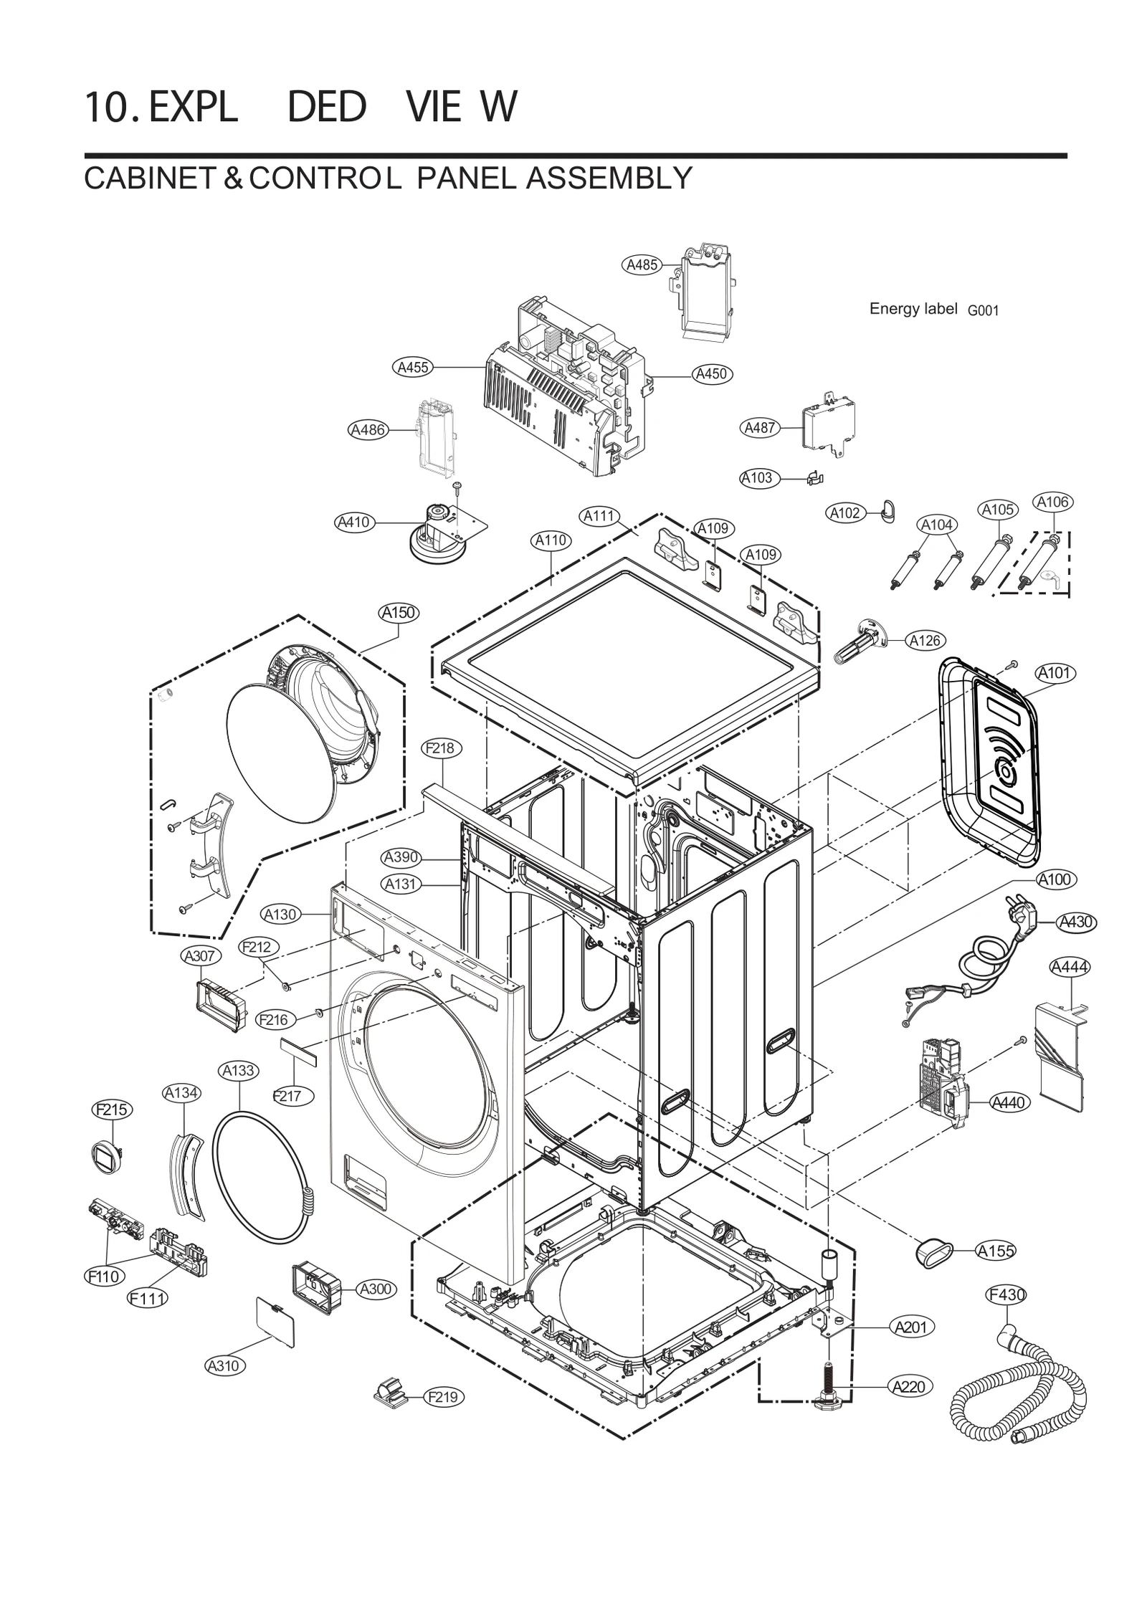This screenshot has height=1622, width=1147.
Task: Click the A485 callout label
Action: tap(642, 264)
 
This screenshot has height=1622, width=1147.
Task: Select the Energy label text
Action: tap(913, 309)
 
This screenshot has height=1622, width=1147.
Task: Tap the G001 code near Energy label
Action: tap(983, 311)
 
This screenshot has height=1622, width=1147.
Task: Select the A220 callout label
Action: tap(910, 1387)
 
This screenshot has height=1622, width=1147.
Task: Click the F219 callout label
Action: tap(446, 1397)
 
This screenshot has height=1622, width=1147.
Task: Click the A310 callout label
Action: tap(223, 1365)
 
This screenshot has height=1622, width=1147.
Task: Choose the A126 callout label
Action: tap(925, 641)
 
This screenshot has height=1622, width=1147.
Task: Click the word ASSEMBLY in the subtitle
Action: tap(609, 178)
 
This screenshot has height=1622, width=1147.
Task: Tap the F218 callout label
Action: tap(440, 748)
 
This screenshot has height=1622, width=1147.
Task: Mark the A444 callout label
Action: tap(1069, 968)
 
